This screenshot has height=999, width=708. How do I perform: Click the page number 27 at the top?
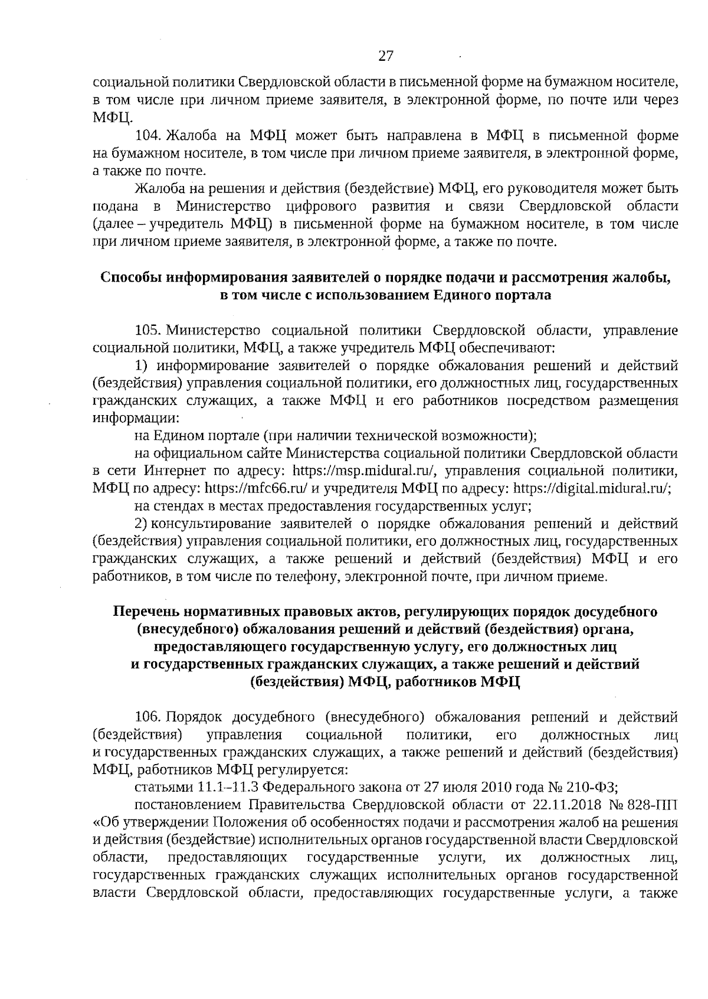[385, 57]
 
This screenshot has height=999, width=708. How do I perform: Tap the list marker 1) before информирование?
[142, 365]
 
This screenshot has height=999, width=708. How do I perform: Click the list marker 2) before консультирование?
[142, 523]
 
